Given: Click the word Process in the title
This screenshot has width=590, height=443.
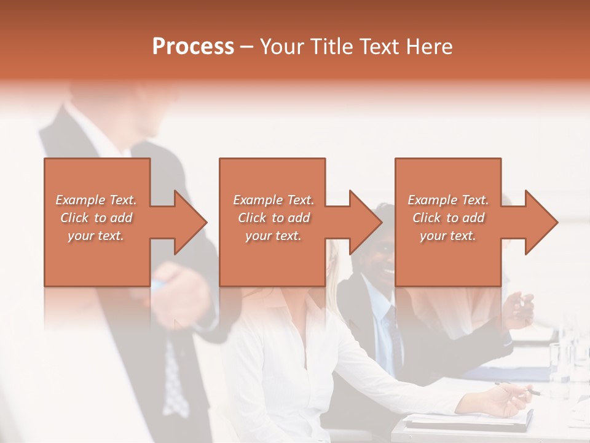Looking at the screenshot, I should [x=193, y=47].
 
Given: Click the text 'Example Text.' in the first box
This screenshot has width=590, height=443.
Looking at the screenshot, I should [x=96, y=200].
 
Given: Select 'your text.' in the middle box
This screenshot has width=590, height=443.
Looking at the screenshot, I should [x=273, y=236].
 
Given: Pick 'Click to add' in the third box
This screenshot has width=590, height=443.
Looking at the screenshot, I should [x=448, y=218].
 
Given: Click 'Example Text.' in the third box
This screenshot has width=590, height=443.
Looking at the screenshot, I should [x=448, y=200].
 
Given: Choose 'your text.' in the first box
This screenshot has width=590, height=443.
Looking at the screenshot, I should [x=96, y=236].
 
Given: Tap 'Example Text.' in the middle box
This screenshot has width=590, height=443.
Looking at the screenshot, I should [x=273, y=200].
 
